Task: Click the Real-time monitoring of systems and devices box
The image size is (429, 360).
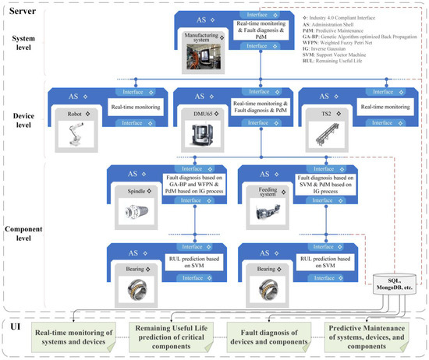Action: coord(71,337)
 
